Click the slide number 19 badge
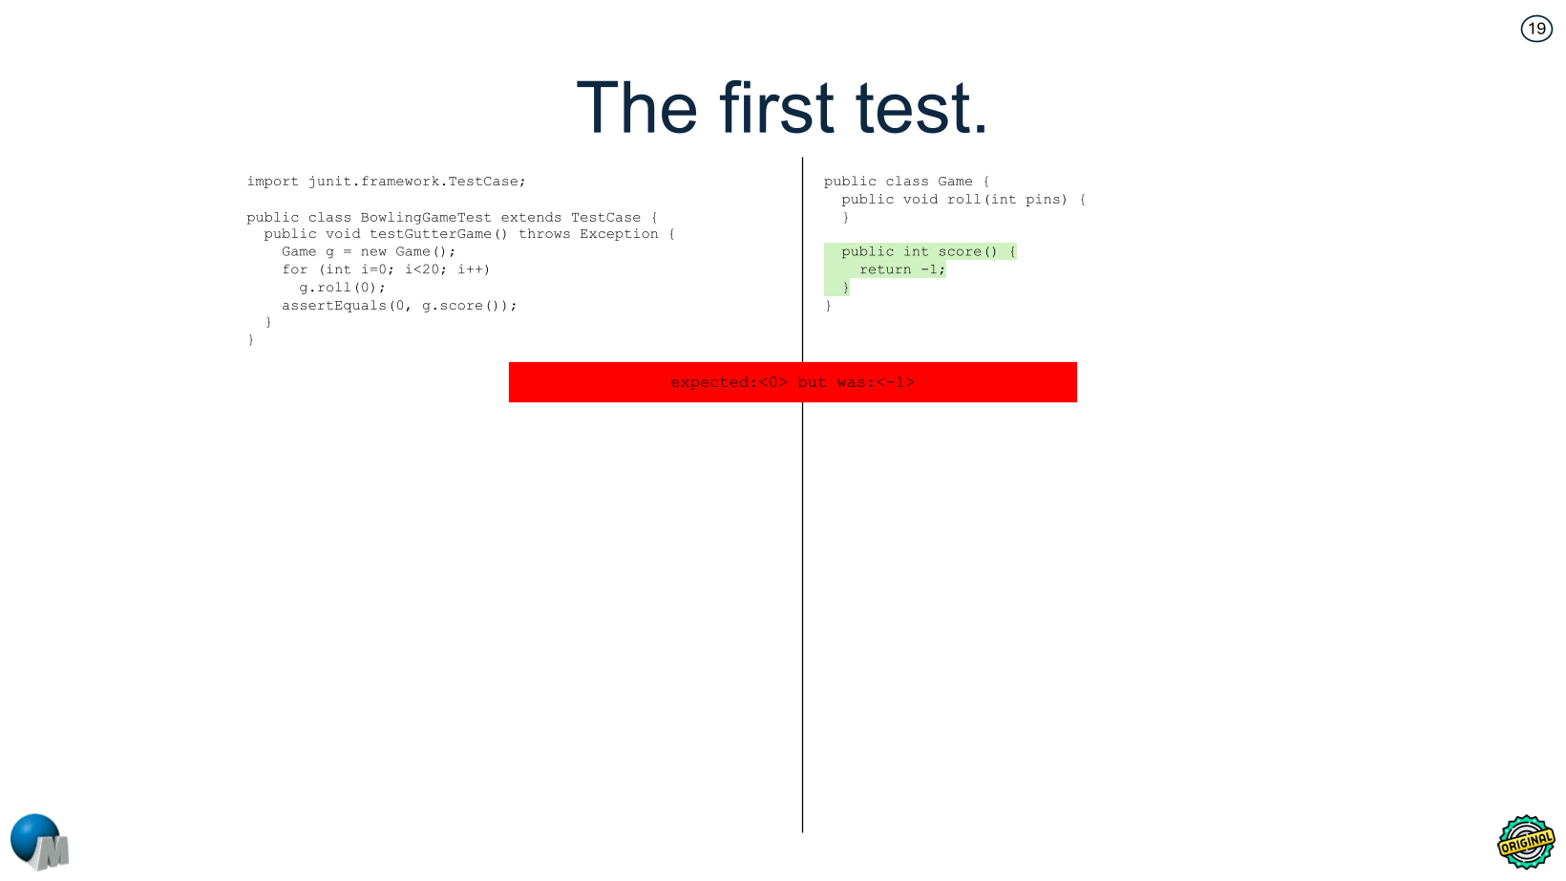click(1536, 29)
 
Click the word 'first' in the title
click(776, 108)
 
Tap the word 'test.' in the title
click(921, 108)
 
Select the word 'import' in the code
click(272, 182)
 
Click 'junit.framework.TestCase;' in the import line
click(416, 182)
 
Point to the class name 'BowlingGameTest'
click(426, 218)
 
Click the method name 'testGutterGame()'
click(439, 234)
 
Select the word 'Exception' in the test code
click(619, 234)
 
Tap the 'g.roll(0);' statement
click(342, 288)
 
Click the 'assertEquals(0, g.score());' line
click(399, 306)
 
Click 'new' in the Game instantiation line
click(373, 252)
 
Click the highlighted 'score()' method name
click(967, 252)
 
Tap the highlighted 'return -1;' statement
click(901, 270)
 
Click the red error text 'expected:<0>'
click(729, 383)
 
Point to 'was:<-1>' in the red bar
click(876, 383)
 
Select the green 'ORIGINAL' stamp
click(1526, 842)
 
